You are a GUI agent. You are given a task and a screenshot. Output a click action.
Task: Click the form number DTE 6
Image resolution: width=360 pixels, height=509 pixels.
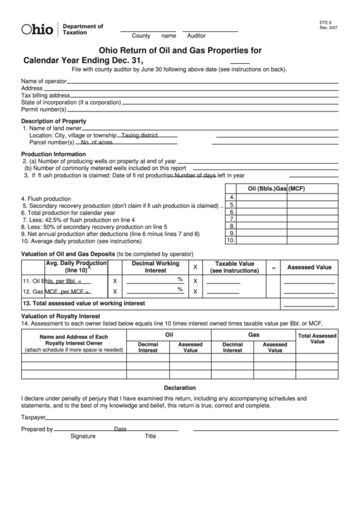[x=327, y=22]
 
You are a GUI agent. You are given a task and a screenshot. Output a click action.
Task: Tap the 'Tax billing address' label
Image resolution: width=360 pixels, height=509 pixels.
[x=46, y=95]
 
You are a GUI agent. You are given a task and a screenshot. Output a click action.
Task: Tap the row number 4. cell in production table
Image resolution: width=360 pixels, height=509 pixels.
[x=231, y=196]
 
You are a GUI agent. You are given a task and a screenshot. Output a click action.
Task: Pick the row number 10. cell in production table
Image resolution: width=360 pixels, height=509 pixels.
[x=230, y=239]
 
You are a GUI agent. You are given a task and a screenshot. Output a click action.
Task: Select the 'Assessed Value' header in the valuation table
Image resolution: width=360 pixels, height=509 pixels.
[x=309, y=267]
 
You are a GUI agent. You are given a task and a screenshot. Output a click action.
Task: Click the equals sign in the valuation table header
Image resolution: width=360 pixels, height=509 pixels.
[x=273, y=268]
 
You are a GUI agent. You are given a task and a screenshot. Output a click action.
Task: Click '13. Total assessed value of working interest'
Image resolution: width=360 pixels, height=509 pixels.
[x=84, y=303]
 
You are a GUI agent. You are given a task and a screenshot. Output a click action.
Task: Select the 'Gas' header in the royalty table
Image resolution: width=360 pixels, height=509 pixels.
[x=254, y=335]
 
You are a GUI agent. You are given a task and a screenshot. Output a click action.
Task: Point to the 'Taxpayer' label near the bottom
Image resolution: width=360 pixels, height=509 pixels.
[x=33, y=417]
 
